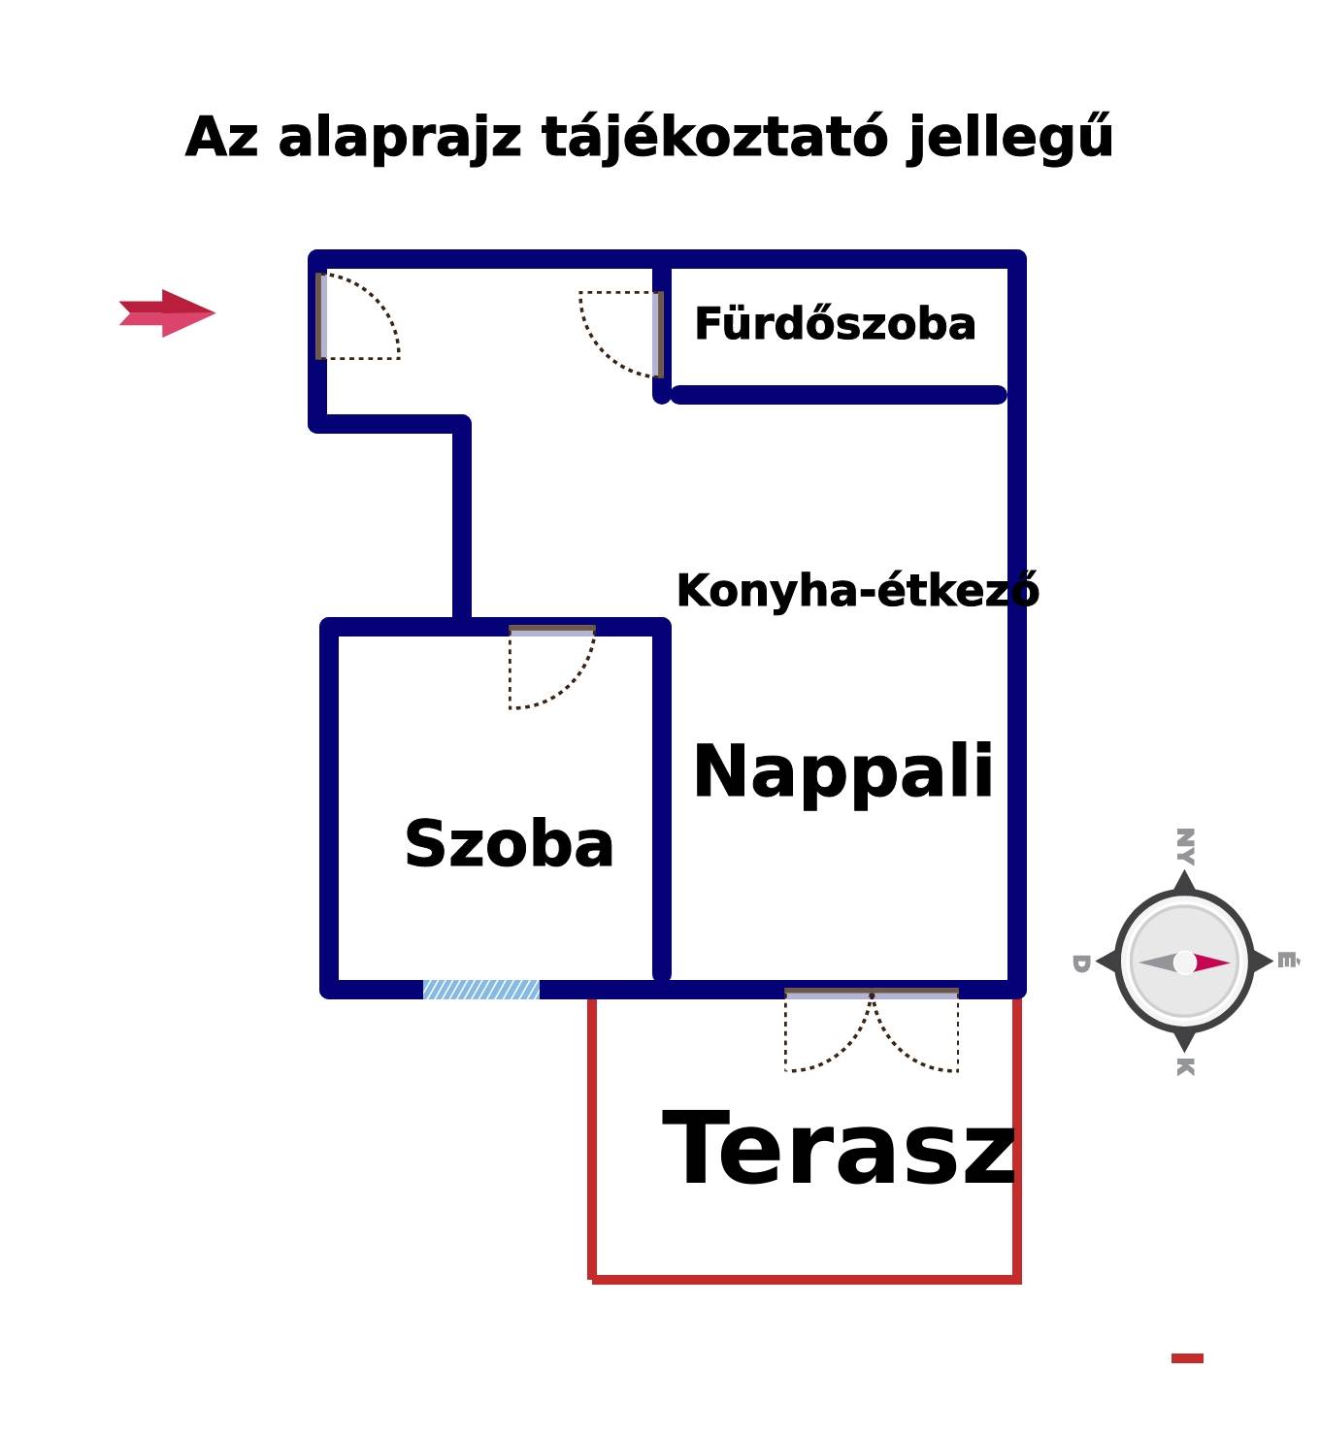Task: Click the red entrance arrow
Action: [167, 312]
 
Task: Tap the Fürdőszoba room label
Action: [835, 323]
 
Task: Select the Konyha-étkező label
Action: [857, 591]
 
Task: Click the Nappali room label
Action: [843, 771]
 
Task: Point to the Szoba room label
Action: [509, 844]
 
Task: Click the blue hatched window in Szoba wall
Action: [480, 990]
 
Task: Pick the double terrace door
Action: [872, 1030]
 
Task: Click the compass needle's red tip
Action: [1217, 963]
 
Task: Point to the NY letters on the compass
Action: [1185, 846]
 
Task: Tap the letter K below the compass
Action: [1185, 1066]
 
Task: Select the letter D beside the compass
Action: [1081, 963]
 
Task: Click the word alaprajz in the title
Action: [399, 138]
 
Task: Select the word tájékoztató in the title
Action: [714, 138]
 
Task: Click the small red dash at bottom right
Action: [1187, 1358]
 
